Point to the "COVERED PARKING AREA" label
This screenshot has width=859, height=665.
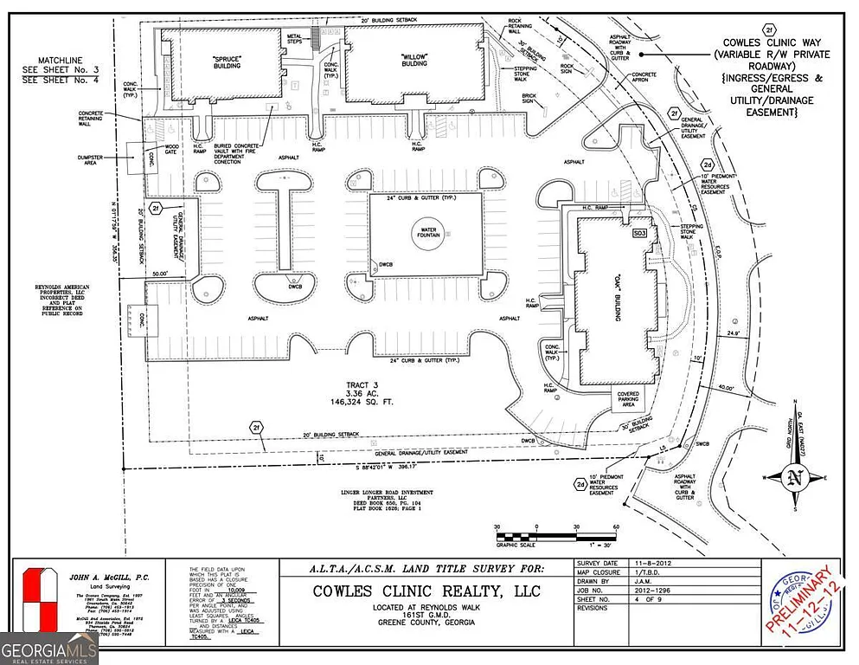pos(628,398)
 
